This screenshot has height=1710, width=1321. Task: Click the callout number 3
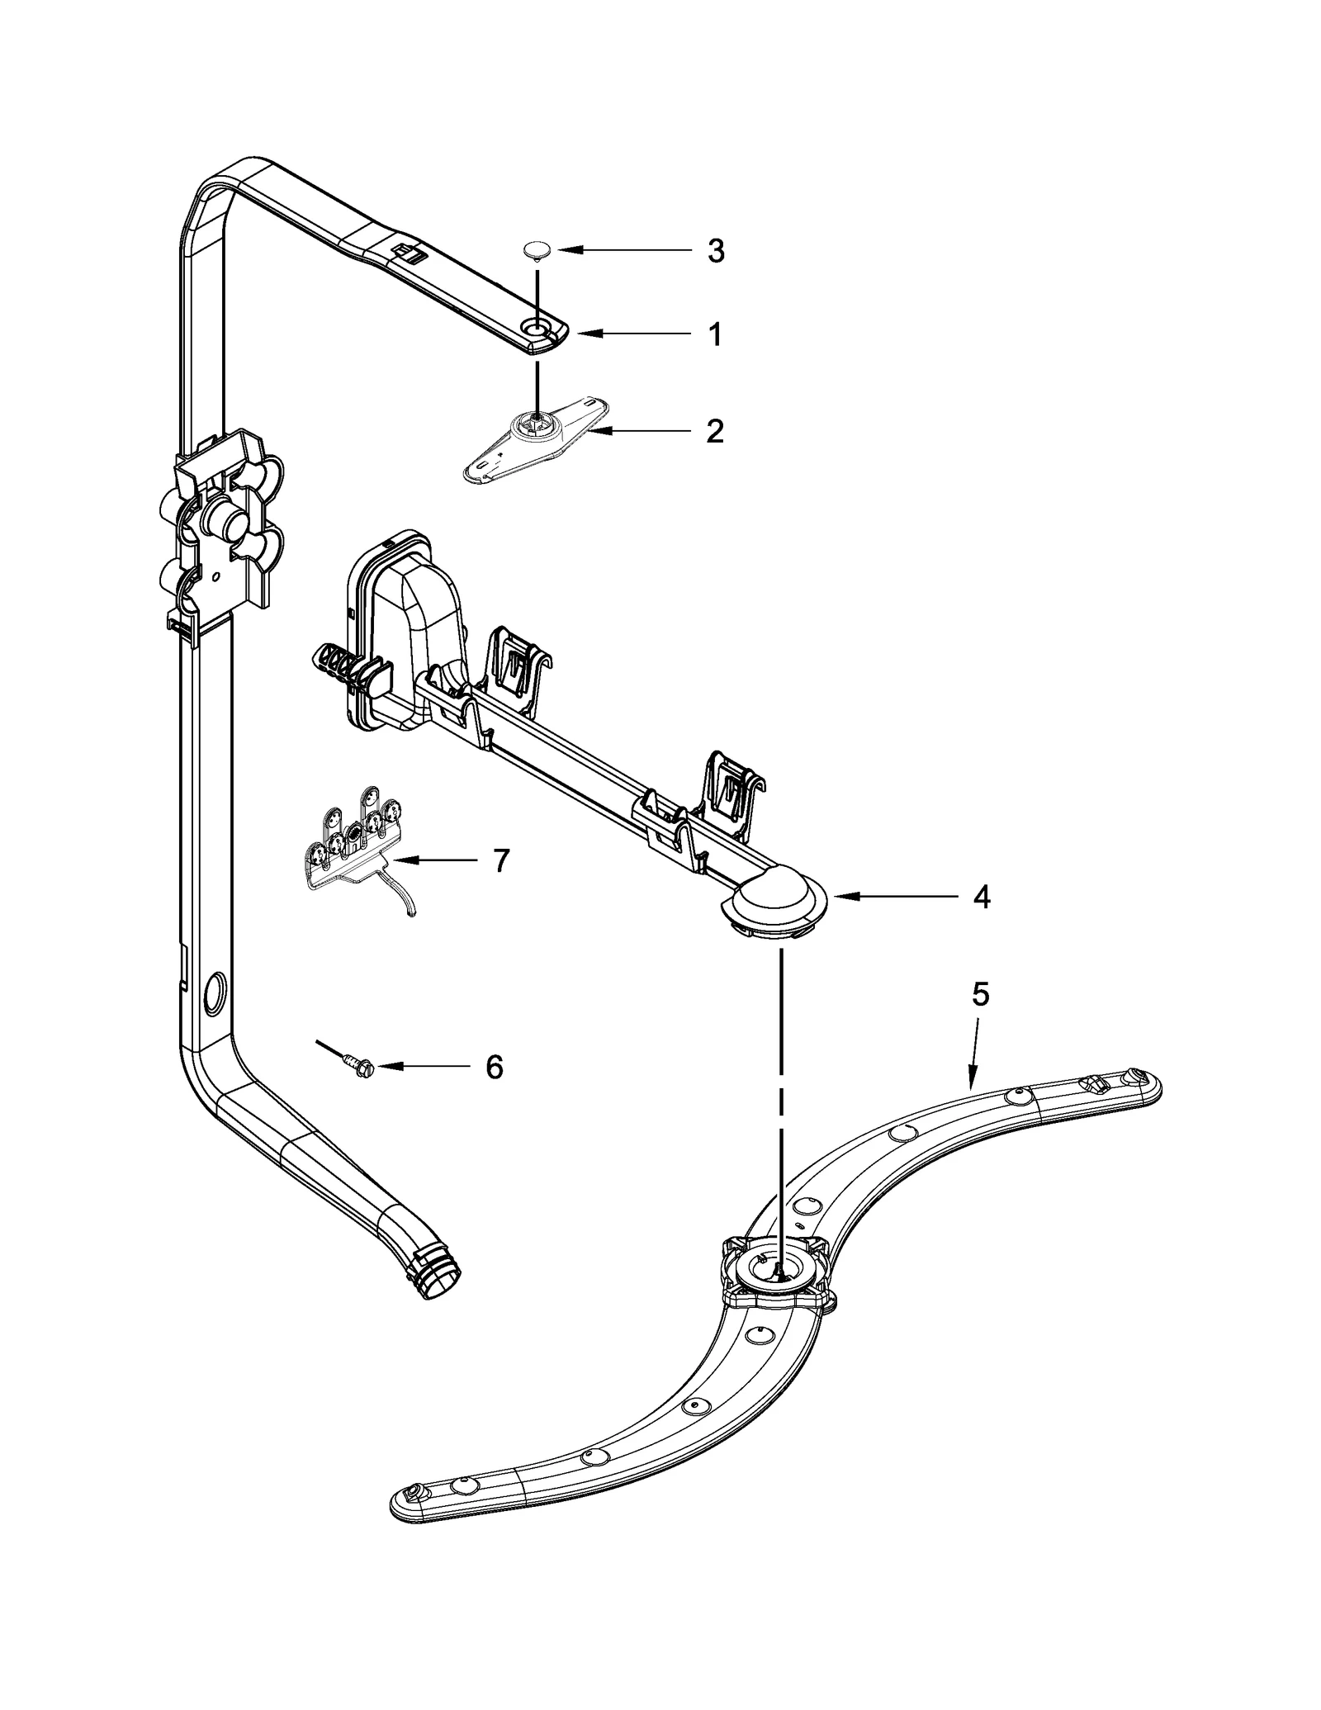[716, 250]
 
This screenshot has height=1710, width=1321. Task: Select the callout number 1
[716, 334]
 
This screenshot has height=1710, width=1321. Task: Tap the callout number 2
[715, 431]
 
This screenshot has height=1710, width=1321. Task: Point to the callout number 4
[981, 897]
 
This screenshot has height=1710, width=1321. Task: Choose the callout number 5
[979, 995]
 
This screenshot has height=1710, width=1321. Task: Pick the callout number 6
[494, 1067]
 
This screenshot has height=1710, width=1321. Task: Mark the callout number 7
[501, 860]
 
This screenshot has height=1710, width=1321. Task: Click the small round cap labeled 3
[537, 249]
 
